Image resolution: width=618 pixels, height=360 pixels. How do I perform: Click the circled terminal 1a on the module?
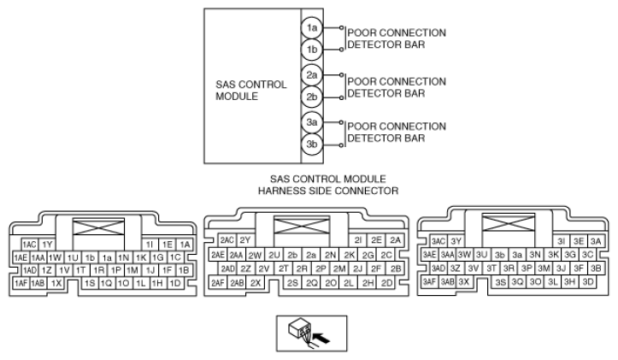(313, 28)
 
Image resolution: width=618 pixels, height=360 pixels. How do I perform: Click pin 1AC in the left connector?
(30, 245)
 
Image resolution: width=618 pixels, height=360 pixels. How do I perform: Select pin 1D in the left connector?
(176, 282)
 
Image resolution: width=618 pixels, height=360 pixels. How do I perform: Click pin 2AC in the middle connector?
(227, 240)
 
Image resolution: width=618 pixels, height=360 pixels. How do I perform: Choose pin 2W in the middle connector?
(255, 255)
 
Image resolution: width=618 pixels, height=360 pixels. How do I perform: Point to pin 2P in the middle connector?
(321, 268)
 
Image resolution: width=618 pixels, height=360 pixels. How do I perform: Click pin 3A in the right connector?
(597, 241)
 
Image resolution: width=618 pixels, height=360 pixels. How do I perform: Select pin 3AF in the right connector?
(428, 281)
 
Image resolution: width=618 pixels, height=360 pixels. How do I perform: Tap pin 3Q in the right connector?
(517, 281)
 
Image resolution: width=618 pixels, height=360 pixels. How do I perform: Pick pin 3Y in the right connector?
(456, 241)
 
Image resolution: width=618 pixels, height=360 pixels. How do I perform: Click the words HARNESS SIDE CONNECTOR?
(329, 190)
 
